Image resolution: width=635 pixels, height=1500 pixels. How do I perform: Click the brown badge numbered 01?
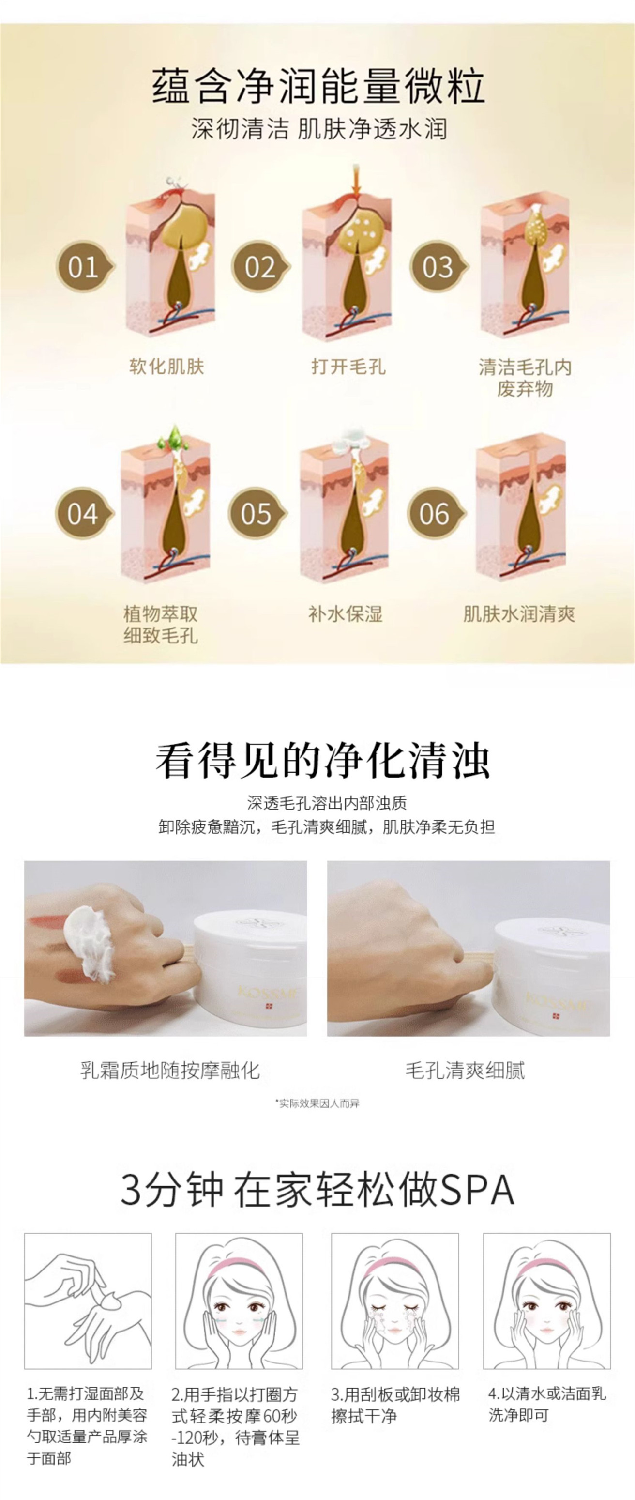[84, 267]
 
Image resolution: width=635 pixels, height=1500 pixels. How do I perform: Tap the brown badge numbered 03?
[438, 267]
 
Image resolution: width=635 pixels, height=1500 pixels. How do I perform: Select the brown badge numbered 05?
[257, 513]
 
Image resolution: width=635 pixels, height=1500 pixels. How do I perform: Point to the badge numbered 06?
[436, 513]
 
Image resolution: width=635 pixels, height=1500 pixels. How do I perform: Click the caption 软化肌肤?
[167, 366]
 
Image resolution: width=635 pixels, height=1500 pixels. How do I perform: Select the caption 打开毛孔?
[348, 366]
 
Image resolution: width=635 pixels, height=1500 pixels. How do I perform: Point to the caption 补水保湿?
[345, 613]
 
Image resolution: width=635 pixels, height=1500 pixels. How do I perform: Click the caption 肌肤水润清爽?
[519, 613]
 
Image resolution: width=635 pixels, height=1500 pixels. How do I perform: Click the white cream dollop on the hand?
[90, 944]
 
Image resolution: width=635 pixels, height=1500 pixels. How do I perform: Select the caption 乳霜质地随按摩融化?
[170, 1070]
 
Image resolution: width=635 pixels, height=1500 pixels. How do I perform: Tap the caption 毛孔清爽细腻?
[465, 1070]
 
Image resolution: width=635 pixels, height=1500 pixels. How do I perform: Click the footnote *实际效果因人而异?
[317, 1103]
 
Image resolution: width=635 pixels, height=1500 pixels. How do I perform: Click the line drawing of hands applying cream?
[88, 1300]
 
